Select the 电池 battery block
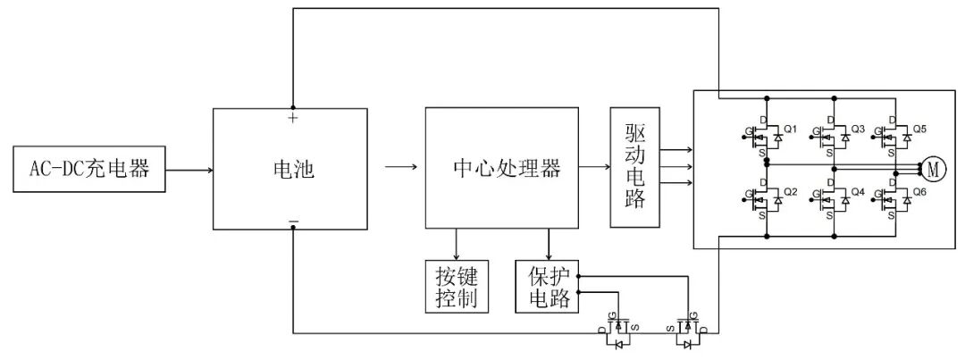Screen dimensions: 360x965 pyautogui.click(x=290, y=168)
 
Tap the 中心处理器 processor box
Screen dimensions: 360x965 pyautogui.click(x=501, y=168)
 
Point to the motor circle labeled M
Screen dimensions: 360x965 pyautogui.click(x=935, y=168)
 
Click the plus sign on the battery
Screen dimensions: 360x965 pyautogui.click(x=292, y=117)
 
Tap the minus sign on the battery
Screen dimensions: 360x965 pyautogui.click(x=293, y=220)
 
